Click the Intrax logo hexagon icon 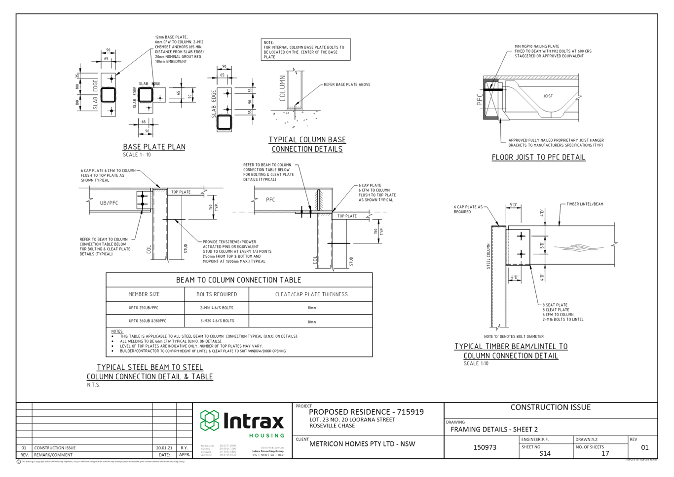(x=209, y=420)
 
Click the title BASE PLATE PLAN (x=154, y=147)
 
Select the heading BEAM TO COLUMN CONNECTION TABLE (x=239, y=280)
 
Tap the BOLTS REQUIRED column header (x=217, y=294)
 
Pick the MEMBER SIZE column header (x=144, y=294)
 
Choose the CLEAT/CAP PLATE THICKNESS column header (x=311, y=294)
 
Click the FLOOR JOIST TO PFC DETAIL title (x=538, y=158)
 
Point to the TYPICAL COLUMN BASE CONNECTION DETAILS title (x=307, y=144)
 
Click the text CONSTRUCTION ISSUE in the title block (x=550, y=407)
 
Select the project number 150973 (x=485, y=447)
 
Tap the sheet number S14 (x=545, y=453)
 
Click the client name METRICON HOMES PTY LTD (x=362, y=443)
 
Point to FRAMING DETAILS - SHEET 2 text (x=494, y=429)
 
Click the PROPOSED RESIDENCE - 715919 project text (x=366, y=412)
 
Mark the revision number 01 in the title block (x=644, y=448)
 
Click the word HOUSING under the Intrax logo (x=266, y=436)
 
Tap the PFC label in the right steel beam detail (x=270, y=200)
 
